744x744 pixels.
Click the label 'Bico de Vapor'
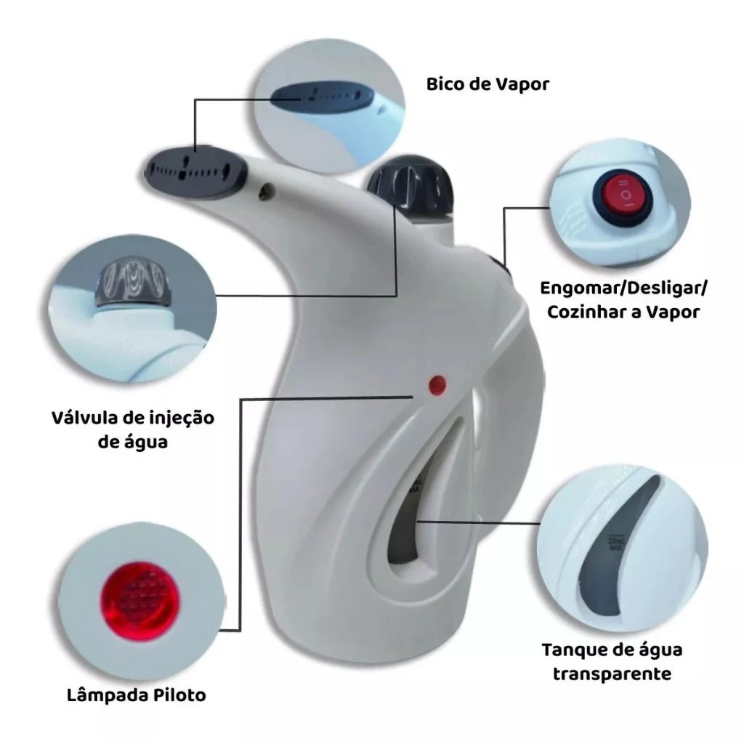488,84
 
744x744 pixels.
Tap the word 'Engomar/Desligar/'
623,288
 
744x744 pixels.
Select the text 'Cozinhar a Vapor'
623,312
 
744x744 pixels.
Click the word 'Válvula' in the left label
84,418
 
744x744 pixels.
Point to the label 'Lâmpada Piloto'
136,695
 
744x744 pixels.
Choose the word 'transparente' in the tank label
612,674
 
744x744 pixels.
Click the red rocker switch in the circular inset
622,195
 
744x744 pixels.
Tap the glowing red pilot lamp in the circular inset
141,600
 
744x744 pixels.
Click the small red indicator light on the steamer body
437,385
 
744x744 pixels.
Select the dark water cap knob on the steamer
410,185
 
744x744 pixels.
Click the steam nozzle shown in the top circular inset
322,97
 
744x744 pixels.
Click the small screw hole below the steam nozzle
267,191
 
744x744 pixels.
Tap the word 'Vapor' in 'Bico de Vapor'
522,84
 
